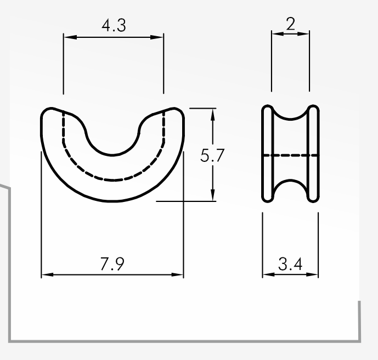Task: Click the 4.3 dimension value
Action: [114, 25]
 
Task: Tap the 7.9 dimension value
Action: [112, 264]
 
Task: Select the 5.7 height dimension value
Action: [212, 155]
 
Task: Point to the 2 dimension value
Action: [290, 24]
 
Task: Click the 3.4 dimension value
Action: [290, 264]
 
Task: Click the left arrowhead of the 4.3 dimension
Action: [70, 37]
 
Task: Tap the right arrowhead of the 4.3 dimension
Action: [157, 37]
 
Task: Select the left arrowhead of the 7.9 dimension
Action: [48, 274]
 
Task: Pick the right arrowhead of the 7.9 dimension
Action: [177, 274]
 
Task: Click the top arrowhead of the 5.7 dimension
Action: [213, 115]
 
